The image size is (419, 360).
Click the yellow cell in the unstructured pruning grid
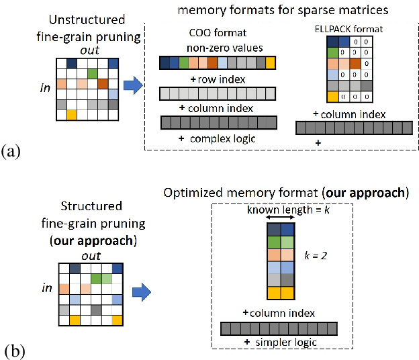[71, 115]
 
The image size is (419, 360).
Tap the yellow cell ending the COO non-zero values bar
[271, 63]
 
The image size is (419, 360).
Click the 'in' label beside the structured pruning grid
[46, 288]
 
